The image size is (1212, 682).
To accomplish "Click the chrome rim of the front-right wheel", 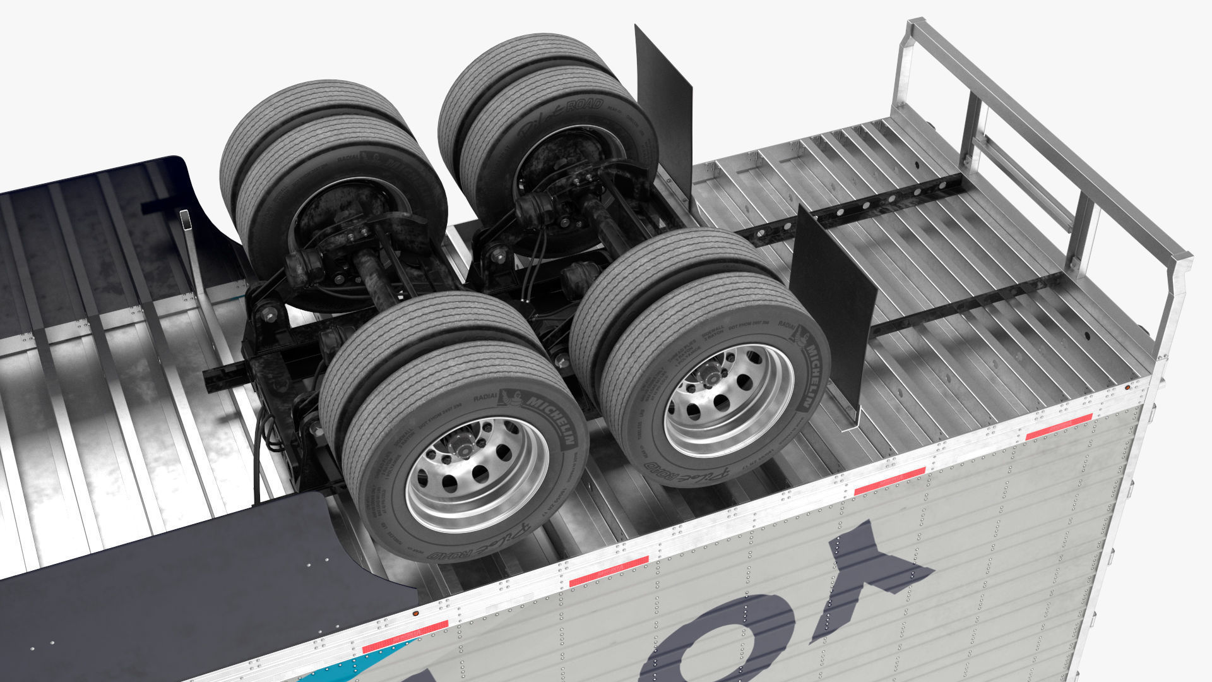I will pyautogui.click(x=729, y=392).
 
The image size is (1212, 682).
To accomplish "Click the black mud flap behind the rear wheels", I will pyautogui.click(x=666, y=114).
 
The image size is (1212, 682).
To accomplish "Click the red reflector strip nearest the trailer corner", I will pyautogui.click(x=1059, y=427).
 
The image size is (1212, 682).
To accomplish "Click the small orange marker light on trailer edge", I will pyautogui.click(x=415, y=612).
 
